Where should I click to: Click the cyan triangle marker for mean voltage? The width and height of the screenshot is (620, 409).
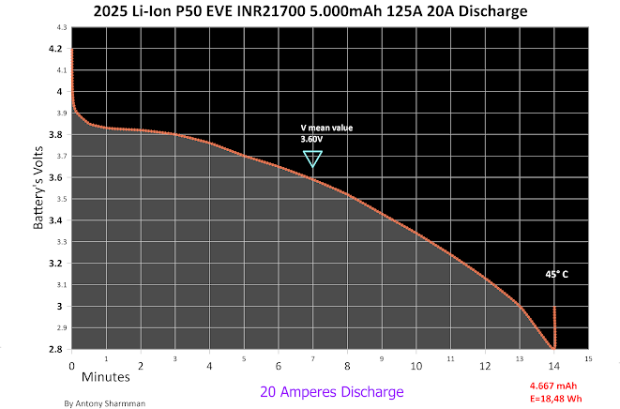[313, 159]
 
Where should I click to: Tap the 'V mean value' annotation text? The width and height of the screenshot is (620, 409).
[326, 128]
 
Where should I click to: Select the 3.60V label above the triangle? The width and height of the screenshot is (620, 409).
[310, 139]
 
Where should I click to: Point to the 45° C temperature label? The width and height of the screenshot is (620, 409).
[557, 275]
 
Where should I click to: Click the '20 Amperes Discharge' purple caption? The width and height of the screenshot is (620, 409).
[332, 391]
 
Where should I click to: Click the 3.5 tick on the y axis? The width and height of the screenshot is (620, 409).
[61, 199]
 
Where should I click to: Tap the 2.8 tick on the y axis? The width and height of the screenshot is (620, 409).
[61, 349]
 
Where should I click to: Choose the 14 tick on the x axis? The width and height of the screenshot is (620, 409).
[553, 365]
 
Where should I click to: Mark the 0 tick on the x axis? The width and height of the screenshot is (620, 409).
[72, 365]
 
